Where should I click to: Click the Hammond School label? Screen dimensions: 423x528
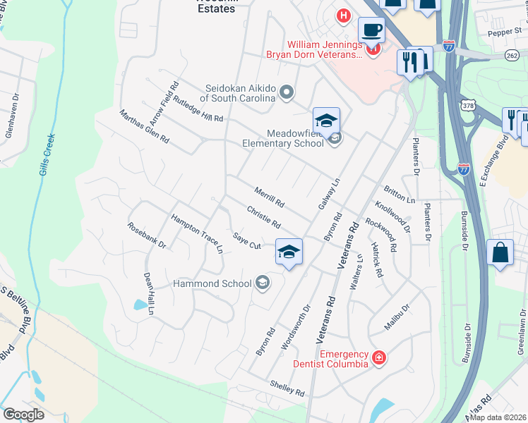pyautogui.click(x=212, y=283)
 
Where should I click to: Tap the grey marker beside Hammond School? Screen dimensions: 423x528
pyautogui.click(x=263, y=283)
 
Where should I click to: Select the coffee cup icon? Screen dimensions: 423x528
pyautogui.click(x=371, y=30)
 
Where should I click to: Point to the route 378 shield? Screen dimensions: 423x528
pyautogui.click(x=467, y=106)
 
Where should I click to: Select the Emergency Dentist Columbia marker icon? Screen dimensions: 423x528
pyautogui.click(x=379, y=358)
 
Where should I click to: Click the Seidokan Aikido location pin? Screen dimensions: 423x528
pyautogui.click(x=287, y=92)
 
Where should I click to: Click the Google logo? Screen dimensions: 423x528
pyautogui.click(x=23, y=415)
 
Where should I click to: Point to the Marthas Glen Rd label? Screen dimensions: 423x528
pyautogui.click(x=144, y=126)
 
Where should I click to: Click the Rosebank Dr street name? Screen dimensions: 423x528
pyautogui.click(x=146, y=235)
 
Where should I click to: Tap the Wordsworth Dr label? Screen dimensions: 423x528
pyautogui.click(x=296, y=327)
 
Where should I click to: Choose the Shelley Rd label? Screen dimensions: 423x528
pyautogui.click(x=287, y=387)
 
